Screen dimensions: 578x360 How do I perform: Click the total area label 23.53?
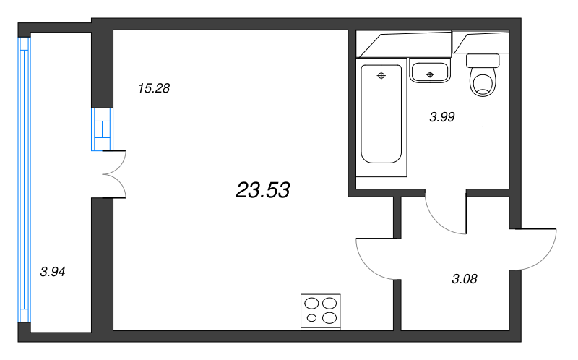[x=262, y=190]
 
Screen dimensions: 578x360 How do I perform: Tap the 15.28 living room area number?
[x=154, y=88]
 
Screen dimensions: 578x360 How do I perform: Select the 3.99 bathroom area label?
[x=442, y=117]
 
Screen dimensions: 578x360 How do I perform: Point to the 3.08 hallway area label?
[x=465, y=279]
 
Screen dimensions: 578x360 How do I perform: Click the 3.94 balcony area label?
[x=53, y=272]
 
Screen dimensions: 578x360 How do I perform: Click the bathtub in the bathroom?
[x=381, y=114]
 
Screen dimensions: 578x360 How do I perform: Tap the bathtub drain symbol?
[x=381, y=76]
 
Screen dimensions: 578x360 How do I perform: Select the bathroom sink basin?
[x=430, y=72]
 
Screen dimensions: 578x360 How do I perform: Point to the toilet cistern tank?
[x=483, y=61]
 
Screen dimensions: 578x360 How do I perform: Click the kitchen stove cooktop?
[x=320, y=311]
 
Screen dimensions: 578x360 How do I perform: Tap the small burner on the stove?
[x=312, y=317]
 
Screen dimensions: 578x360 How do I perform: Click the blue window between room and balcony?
[x=102, y=129]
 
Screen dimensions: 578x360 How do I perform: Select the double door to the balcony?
[x=114, y=174]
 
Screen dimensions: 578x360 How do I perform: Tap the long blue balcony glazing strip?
[x=25, y=179]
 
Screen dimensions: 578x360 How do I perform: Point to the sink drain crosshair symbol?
[x=430, y=75]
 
